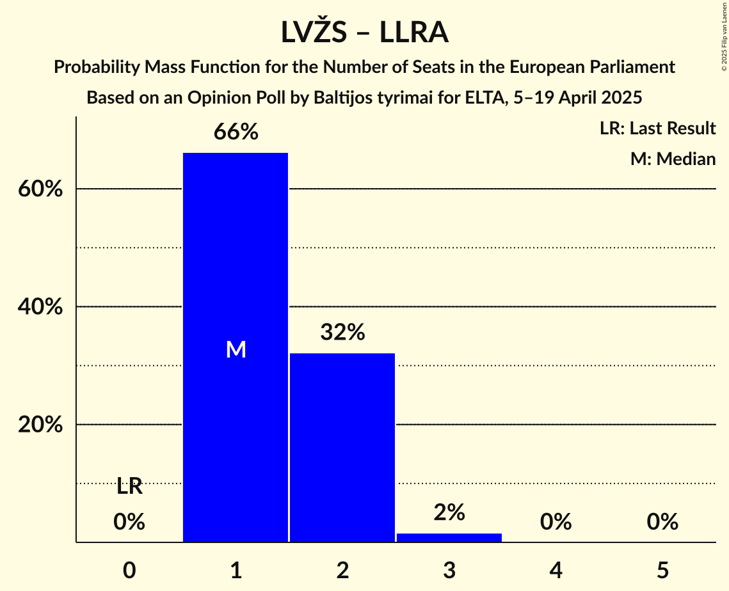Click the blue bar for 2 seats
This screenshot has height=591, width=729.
point(342,447)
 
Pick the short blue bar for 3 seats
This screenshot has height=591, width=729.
point(449,537)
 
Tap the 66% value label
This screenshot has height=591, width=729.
point(236,132)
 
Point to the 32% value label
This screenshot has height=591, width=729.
point(342,333)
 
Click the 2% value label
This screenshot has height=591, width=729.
point(449,512)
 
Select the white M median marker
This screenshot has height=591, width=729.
point(236,349)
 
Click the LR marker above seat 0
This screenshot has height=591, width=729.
point(129,487)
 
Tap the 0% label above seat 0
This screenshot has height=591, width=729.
point(129,523)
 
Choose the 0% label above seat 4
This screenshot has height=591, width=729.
point(556,523)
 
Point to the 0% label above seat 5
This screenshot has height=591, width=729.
point(662,523)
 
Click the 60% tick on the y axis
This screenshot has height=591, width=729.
point(40,189)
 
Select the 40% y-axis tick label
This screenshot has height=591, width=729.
point(40,307)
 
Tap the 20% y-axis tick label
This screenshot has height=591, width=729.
point(40,425)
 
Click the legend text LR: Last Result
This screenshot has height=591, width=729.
point(657,129)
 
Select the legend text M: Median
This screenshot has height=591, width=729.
point(673,159)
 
